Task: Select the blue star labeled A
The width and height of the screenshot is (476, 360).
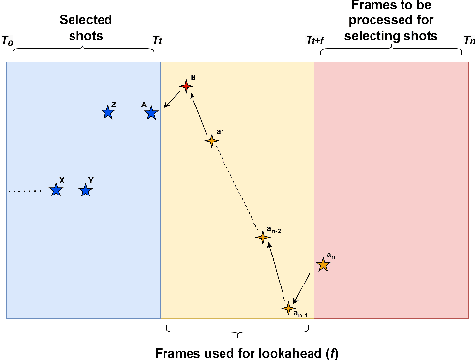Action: point(151,113)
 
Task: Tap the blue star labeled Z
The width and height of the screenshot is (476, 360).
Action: point(108,113)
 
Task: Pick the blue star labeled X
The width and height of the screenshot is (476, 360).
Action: point(56,190)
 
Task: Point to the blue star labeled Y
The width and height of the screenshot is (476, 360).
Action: point(86,190)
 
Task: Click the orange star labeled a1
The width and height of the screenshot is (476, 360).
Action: point(211,141)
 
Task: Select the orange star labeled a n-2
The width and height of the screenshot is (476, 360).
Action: point(261,237)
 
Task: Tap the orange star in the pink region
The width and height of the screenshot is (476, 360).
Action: point(323,265)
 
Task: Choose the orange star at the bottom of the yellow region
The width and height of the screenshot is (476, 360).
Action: point(288,308)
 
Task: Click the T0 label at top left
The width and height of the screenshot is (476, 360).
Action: point(9,41)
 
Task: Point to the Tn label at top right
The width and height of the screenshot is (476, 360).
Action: point(469,41)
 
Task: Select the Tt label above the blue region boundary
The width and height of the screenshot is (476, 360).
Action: point(158,41)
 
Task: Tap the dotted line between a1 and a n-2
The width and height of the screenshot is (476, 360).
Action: point(236,190)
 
